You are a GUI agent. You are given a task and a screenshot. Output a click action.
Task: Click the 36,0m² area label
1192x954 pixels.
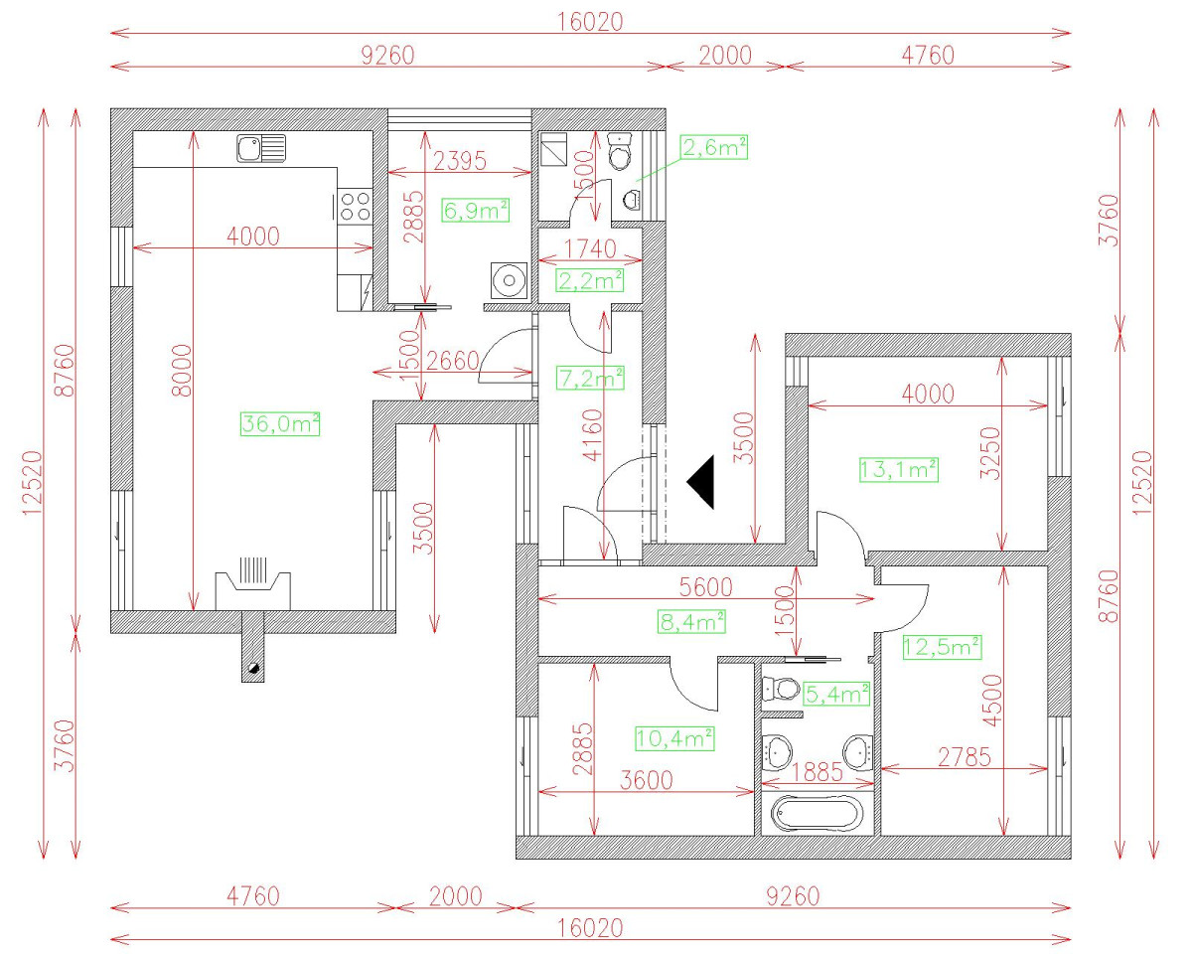click(279, 424)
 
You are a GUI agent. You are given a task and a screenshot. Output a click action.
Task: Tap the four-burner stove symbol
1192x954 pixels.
click(356, 206)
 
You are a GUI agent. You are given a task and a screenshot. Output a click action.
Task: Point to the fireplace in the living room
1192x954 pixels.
click(254, 586)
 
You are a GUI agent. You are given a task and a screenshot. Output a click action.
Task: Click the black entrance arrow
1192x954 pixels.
click(702, 482)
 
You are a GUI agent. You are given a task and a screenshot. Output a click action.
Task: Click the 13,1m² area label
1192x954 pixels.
click(898, 469)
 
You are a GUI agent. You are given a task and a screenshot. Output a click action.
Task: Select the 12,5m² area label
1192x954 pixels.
click(942, 647)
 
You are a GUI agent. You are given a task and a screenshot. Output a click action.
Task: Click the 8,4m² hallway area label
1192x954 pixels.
click(691, 622)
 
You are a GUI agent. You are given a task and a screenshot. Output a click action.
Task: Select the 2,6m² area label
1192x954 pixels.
click(713, 148)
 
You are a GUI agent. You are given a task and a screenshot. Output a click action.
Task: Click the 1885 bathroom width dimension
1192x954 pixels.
click(818, 771)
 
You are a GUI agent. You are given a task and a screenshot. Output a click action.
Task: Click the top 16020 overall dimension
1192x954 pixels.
click(590, 21)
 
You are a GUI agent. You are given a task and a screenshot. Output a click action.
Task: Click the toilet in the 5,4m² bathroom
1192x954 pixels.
click(781, 689)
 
